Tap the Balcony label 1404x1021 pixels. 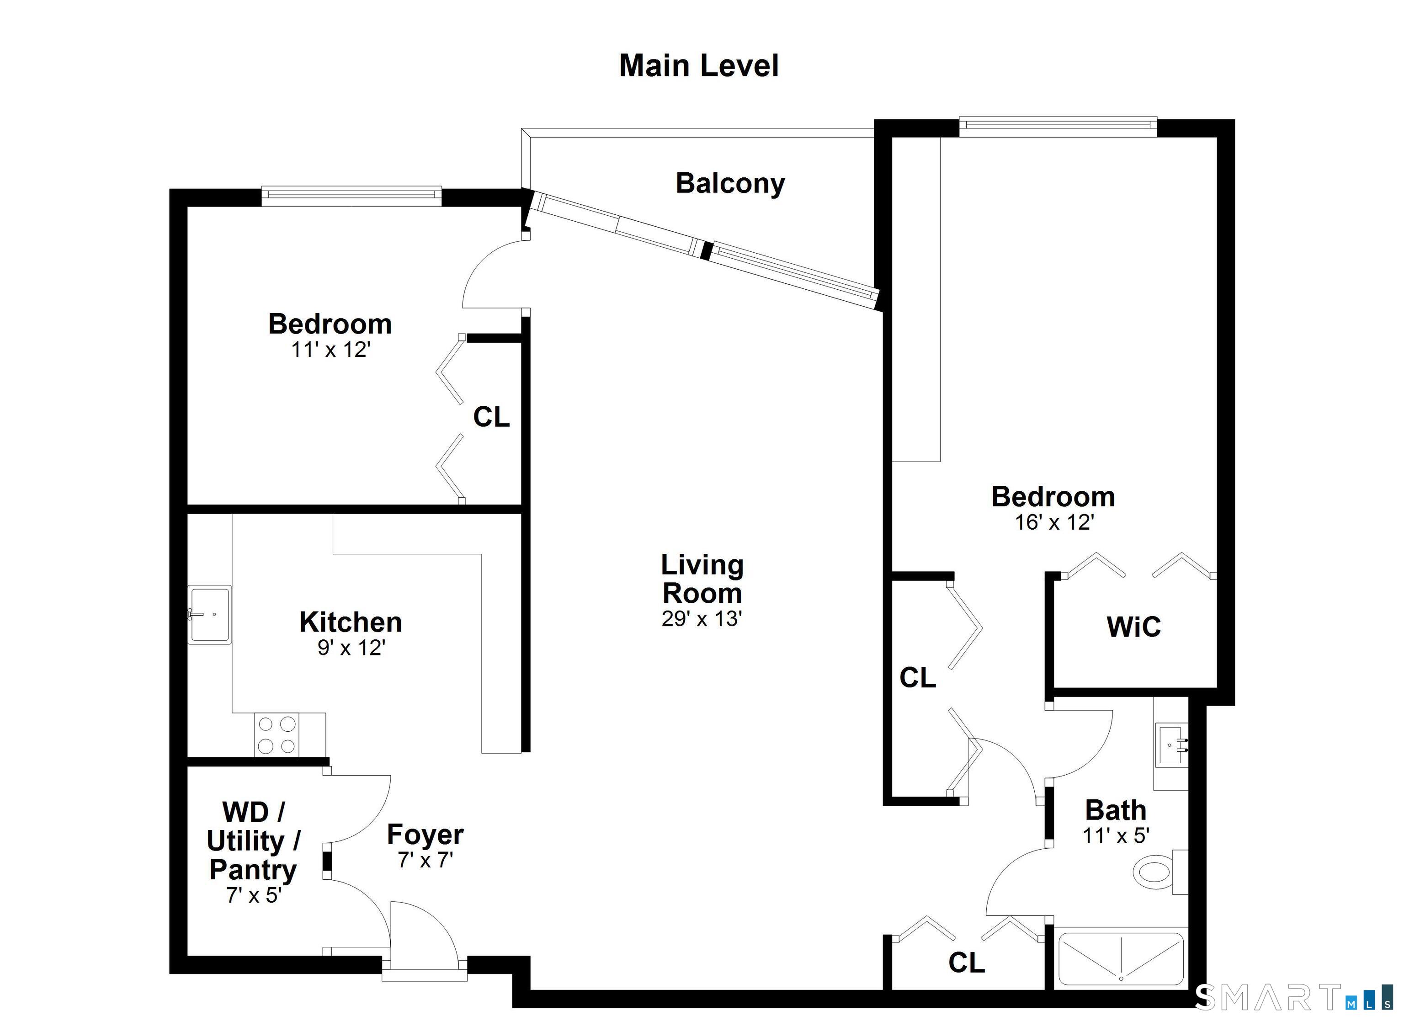730,183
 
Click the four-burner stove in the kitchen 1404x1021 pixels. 276,735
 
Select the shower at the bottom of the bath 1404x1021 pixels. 1121,965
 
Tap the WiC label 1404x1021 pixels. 1133,627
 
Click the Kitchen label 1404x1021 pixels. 351,622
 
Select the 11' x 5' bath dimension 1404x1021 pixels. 1116,836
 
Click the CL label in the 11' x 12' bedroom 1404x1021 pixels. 491,417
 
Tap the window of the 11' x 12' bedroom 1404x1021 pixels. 351,196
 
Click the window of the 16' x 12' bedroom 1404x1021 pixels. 1057,126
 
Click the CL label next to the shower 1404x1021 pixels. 966,963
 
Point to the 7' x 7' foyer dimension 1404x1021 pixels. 425,860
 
